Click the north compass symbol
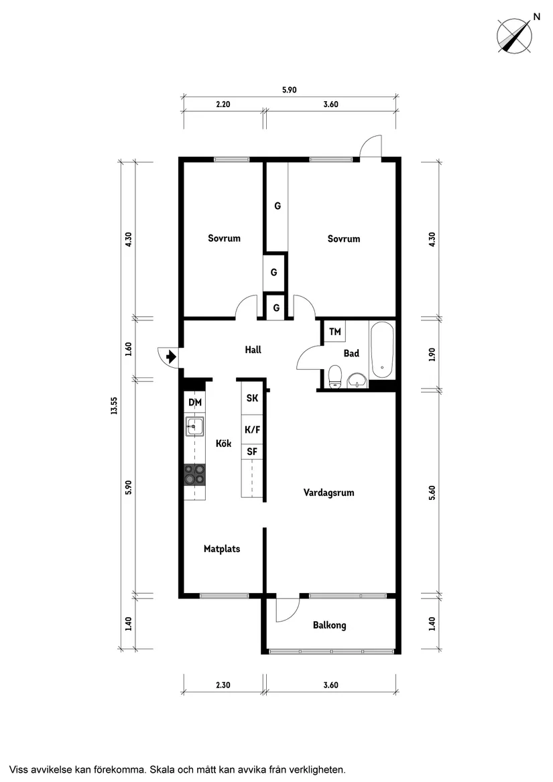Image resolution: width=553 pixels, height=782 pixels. [x=514, y=36]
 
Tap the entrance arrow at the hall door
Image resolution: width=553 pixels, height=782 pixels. [x=171, y=356]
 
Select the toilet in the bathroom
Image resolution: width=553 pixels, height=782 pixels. [x=335, y=377]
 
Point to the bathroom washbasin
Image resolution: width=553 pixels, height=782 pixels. [x=357, y=380]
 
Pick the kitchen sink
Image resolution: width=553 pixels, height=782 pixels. [x=195, y=426]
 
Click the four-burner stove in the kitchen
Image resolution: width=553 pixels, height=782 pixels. [x=194, y=474]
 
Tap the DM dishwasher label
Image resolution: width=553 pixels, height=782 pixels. [x=195, y=402]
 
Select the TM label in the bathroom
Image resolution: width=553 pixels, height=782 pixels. [x=335, y=331]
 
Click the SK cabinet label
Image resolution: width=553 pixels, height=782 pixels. [x=253, y=398]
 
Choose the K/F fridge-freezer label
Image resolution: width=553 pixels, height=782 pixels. [x=253, y=429]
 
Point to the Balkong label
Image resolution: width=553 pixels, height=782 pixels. [x=329, y=625]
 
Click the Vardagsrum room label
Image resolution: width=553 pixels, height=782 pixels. [x=329, y=493]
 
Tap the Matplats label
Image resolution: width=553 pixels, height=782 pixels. [x=222, y=549]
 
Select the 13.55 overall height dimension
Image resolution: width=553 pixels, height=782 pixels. [x=115, y=405]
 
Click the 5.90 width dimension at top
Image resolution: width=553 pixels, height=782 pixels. [x=290, y=90]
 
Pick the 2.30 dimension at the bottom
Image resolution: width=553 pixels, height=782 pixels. [x=223, y=685]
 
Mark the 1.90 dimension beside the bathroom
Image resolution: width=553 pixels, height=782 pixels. [x=432, y=354]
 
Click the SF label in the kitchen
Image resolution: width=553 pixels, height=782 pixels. [x=253, y=452]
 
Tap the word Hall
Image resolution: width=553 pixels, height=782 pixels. [x=253, y=350]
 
